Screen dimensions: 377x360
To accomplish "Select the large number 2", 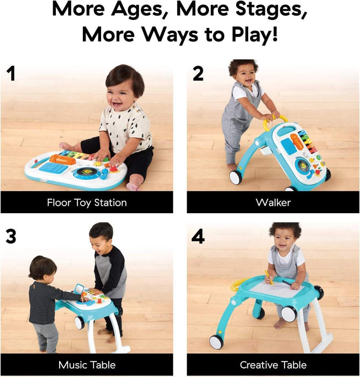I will [198, 73].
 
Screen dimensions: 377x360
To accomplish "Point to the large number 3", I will [10, 236].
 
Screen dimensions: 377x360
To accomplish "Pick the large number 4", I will [198, 236].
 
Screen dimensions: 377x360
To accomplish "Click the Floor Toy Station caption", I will [87, 203].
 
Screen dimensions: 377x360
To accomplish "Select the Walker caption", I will [273, 203].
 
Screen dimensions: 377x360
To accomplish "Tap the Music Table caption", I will [87, 365].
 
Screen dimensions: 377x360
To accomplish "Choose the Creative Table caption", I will [273, 365].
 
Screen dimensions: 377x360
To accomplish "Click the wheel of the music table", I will [80, 322].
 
